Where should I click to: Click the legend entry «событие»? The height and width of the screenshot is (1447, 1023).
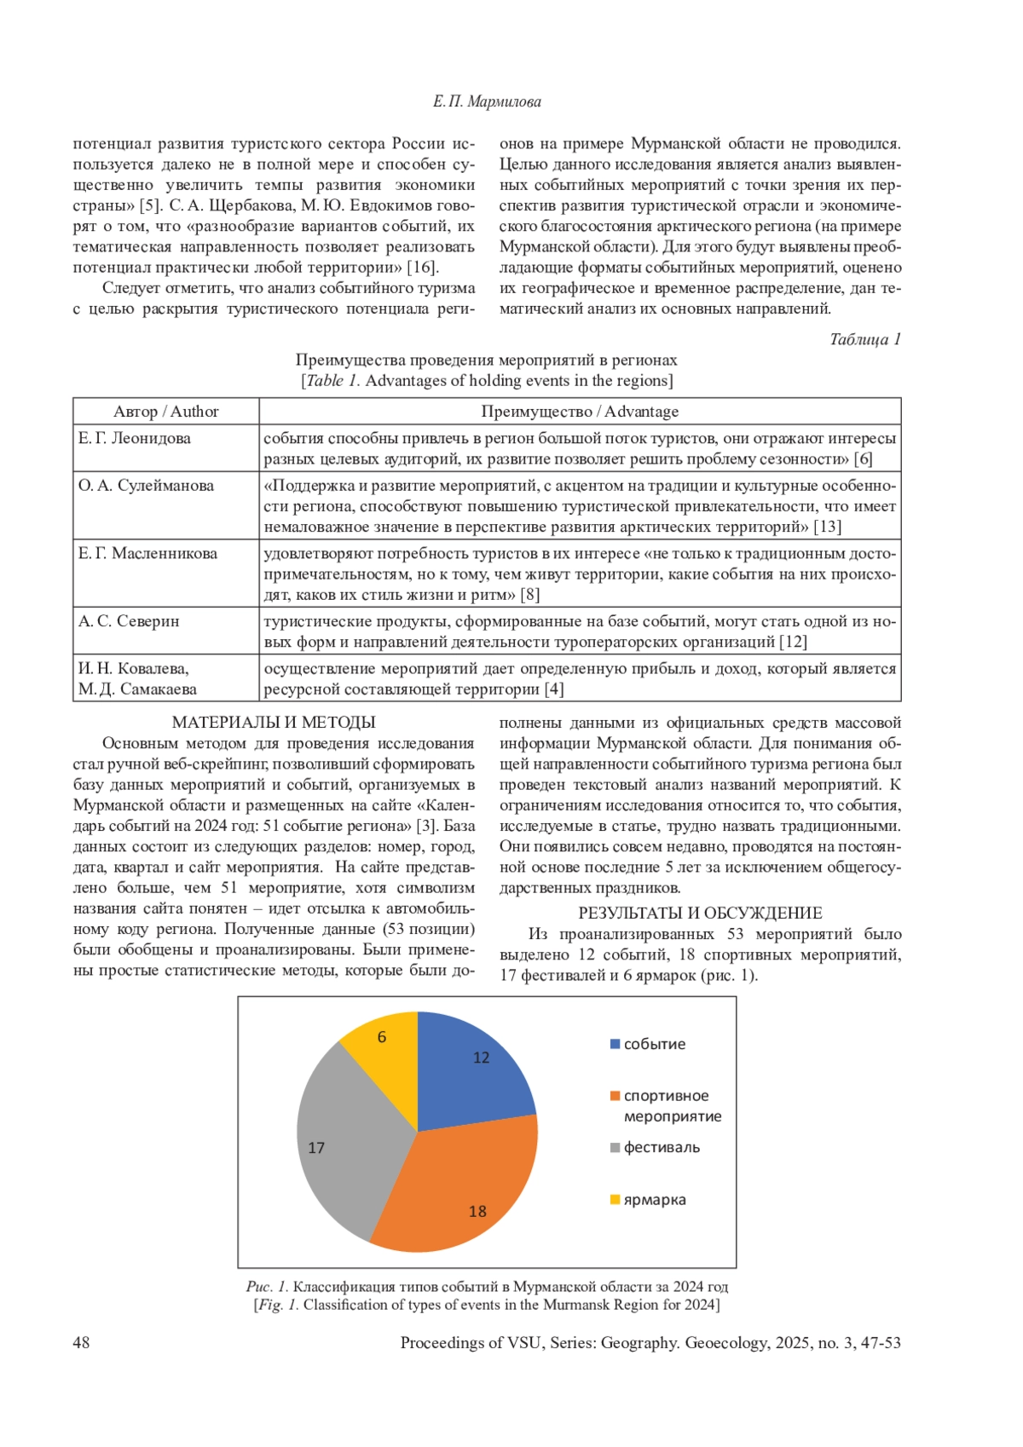pyautogui.click(x=654, y=1044)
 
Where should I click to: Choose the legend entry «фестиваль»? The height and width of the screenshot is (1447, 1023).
pyautogui.click(x=662, y=1147)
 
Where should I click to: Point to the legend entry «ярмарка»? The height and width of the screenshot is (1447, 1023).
pyautogui.click(x=654, y=1200)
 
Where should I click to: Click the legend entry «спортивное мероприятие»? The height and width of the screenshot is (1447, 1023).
pyautogui.click(x=672, y=1105)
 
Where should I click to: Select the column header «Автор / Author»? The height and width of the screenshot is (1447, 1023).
pyautogui.click(x=166, y=412)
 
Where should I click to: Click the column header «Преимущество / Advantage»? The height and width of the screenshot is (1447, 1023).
pyautogui.click(x=580, y=412)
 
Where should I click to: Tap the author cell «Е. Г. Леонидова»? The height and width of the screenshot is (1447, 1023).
pyautogui.click(x=135, y=439)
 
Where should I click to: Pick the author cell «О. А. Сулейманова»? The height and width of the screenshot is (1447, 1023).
pyautogui.click(x=146, y=486)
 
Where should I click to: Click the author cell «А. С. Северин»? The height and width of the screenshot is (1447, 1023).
pyautogui.click(x=129, y=621)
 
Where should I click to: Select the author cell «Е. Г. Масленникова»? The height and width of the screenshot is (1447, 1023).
pyautogui.click(x=147, y=554)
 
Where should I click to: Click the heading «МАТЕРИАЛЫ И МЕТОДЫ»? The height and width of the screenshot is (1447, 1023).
pyautogui.click(x=274, y=723)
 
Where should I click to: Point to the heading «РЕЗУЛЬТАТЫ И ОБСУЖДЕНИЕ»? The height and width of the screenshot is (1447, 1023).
pyautogui.click(x=700, y=914)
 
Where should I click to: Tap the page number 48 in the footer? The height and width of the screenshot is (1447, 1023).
pyautogui.click(x=81, y=1343)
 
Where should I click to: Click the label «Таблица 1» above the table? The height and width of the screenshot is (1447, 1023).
pyautogui.click(x=864, y=339)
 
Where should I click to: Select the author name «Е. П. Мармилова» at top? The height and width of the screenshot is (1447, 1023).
pyautogui.click(x=487, y=102)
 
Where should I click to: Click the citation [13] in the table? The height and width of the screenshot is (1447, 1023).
pyautogui.click(x=827, y=527)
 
